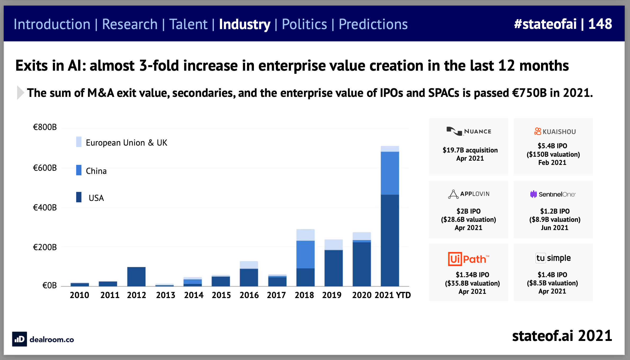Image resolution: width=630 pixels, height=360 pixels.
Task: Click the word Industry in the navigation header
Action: (x=245, y=24)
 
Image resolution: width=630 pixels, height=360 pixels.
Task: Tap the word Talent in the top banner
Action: (x=188, y=24)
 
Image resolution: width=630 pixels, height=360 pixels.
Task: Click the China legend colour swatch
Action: (x=79, y=170)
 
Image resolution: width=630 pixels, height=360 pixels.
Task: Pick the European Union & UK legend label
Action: (x=126, y=143)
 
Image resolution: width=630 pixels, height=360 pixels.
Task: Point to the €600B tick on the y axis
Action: (x=45, y=168)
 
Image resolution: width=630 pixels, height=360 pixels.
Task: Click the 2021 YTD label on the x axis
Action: (x=393, y=295)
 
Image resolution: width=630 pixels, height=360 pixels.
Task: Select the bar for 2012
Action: (x=136, y=276)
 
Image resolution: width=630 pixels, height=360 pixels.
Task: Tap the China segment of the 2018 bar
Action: (x=305, y=254)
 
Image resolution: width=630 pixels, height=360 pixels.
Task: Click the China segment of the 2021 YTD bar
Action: (x=390, y=173)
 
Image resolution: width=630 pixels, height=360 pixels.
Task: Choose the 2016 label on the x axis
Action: (x=249, y=295)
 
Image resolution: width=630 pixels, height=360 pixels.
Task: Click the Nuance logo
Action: (x=469, y=131)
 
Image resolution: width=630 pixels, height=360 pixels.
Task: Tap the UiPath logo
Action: (x=469, y=259)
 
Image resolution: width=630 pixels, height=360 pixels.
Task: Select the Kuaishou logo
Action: (x=555, y=131)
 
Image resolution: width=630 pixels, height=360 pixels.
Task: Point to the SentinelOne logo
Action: (x=553, y=194)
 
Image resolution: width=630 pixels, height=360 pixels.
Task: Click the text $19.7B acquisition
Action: (x=470, y=150)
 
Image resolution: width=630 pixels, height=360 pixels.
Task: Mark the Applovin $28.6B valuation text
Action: (x=469, y=219)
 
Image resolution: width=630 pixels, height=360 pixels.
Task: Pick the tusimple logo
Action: (x=553, y=258)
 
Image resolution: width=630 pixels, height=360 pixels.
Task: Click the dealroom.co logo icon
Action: (x=19, y=339)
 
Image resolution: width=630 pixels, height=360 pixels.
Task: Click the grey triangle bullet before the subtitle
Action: (x=20, y=93)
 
